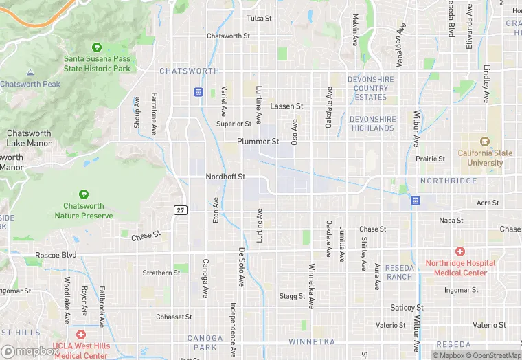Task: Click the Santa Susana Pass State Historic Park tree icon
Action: pyautogui.click(x=97, y=47)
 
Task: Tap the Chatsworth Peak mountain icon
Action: pyautogui.click(x=30, y=73)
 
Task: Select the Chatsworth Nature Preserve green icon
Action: pyautogui.click(x=84, y=195)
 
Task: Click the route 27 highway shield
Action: pyautogui.click(x=180, y=209)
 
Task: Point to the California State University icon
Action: pyautogui.click(x=485, y=142)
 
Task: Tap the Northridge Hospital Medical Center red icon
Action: pyautogui.click(x=460, y=252)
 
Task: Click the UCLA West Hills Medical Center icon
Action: pyautogui.click(x=81, y=335)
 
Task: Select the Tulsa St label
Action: pyautogui.click(x=259, y=18)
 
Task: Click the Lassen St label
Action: pyautogui.click(x=286, y=106)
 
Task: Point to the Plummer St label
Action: pyautogui.click(x=258, y=142)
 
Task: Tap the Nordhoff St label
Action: pyautogui.click(x=225, y=177)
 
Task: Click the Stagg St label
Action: pyautogui.click(x=292, y=296)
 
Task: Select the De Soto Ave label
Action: pyautogui.click(x=241, y=267)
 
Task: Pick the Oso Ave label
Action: pyautogui.click(x=295, y=131)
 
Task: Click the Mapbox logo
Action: pyautogui.click(x=29, y=351)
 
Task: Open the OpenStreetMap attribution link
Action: pyautogui.click(x=494, y=355)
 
